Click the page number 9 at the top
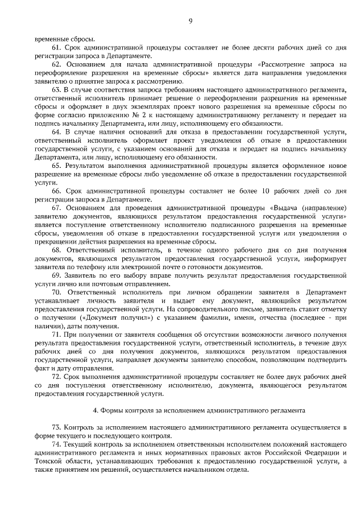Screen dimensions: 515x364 191,21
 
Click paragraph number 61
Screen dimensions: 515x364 56,48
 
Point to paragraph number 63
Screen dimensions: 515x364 56,90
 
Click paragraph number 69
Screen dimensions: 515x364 56,275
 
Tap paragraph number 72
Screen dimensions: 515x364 56,377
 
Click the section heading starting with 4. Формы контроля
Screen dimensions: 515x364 199,409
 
